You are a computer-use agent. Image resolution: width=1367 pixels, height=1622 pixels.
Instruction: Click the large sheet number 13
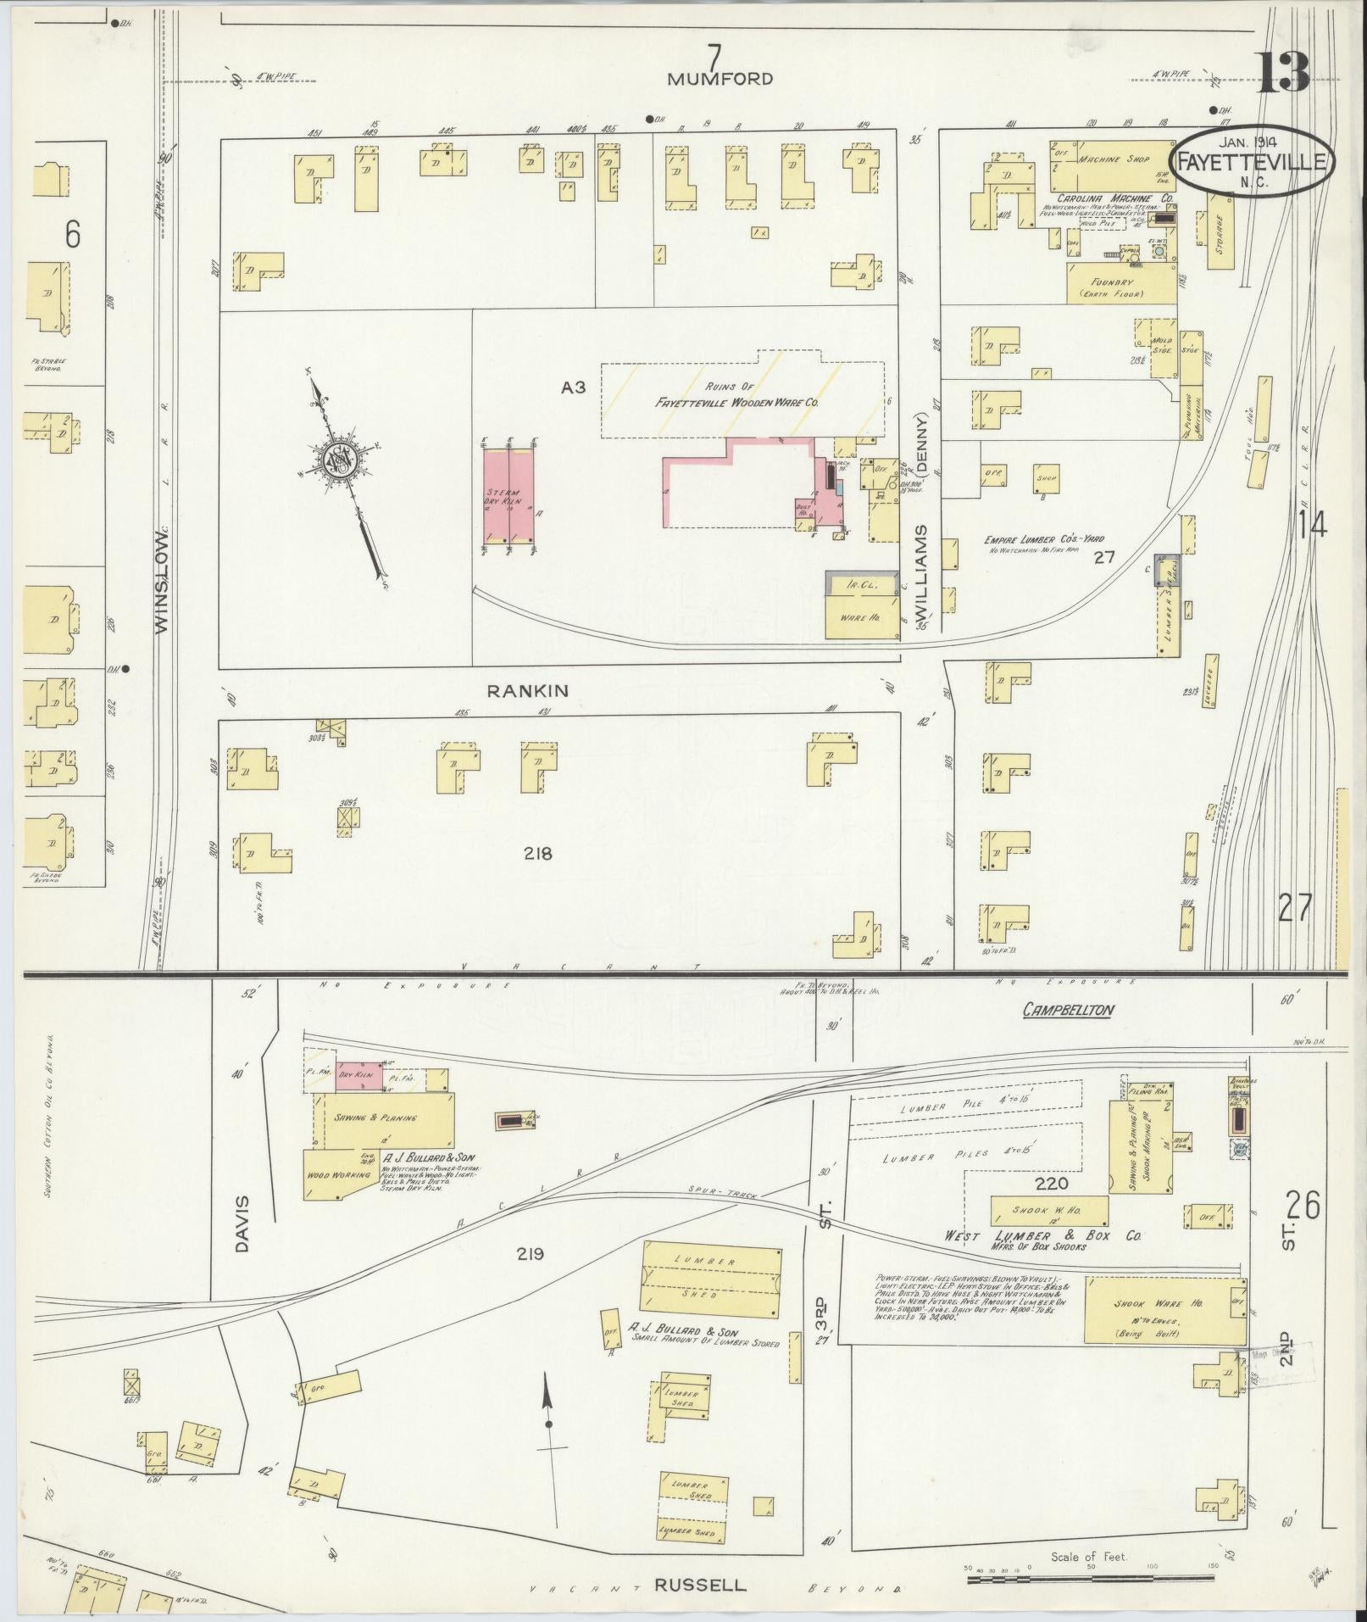click(1281, 75)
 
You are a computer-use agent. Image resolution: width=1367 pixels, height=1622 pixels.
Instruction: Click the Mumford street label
click(720, 79)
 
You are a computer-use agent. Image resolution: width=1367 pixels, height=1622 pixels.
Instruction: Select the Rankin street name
click(527, 691)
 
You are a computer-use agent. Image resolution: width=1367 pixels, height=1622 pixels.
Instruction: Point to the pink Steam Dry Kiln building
click(509, 497)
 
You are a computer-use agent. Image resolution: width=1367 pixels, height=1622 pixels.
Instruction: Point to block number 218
click(537, 853)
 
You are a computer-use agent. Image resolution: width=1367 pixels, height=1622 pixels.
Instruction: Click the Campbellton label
click(1067, 1010)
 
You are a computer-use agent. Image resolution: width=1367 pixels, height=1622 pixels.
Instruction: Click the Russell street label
click(700, 1584)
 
